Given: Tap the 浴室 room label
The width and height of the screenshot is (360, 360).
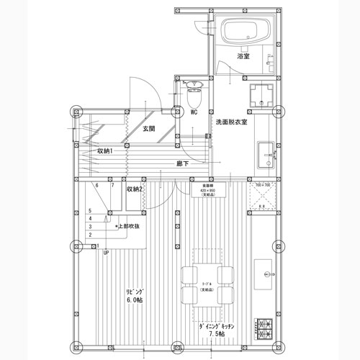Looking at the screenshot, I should point(243,56).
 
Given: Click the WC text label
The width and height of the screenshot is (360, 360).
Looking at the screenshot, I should point(193,112).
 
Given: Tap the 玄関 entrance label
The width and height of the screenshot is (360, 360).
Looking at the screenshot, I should point(149,130).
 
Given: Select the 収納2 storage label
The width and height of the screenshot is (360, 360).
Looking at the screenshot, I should point(134,189).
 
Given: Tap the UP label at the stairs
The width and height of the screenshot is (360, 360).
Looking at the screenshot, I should point(106,253).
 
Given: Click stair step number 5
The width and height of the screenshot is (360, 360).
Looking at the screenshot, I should point(90,211).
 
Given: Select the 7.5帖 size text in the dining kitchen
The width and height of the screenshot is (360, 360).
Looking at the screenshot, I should point(217,335).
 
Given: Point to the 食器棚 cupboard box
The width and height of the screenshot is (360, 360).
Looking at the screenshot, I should point(208,190).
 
